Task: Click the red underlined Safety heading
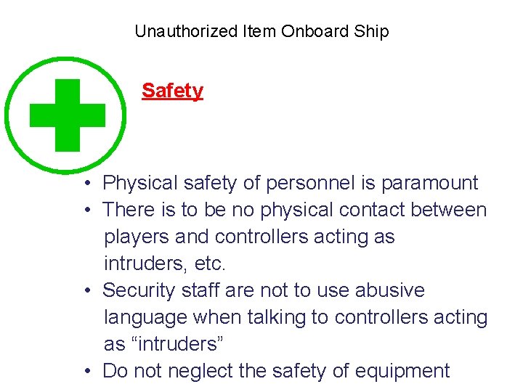tap(172, 91)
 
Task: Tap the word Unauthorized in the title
tap(186, 31)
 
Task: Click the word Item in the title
tap(259, 31)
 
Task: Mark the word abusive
tap(389, 290)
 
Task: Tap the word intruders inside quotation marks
tap(174, 344)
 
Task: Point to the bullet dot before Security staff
tap(86, 291)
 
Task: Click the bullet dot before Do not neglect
tap(86, 372)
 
